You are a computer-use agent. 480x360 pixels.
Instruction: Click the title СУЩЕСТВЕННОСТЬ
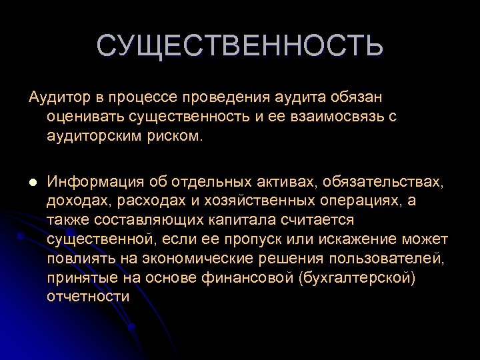tap(240, 47)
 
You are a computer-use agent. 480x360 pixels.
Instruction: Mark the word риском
tap(176, 137)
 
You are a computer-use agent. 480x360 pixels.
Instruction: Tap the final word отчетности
tap(88, 296)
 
